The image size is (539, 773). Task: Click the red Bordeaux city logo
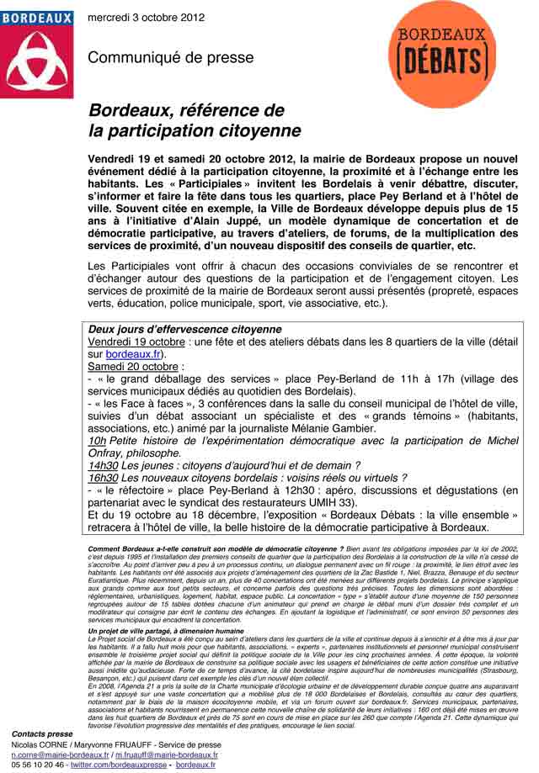tap(36, 54)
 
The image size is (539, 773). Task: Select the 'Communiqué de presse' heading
tap(170, 58)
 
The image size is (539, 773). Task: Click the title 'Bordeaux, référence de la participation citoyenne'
tap(195, 121)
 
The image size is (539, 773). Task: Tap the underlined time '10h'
tap(97, 440)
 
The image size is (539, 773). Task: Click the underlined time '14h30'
tap(103, 465)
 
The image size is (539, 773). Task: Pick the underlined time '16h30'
tap(103, 478)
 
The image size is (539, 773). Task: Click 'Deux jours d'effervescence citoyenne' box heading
tap(184, 329)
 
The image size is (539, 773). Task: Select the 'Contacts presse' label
tap(42, 734)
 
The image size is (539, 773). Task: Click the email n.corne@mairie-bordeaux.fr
tap(60, 755)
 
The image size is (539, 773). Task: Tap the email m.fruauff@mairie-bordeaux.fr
tap(166, 755)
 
